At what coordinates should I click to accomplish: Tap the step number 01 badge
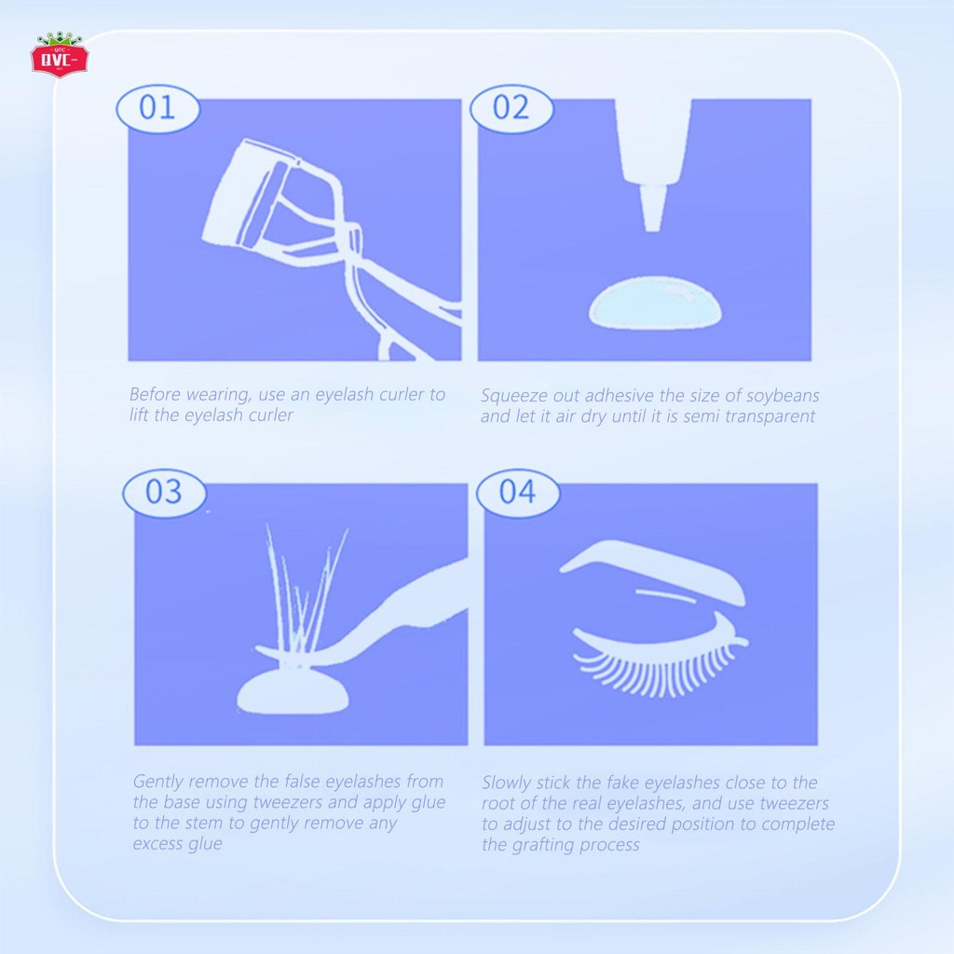tap(157, 107)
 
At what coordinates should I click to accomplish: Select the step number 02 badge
tap(510, 107)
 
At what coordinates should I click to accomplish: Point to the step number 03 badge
tap(164, 491)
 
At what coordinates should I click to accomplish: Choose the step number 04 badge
tap(517, 491)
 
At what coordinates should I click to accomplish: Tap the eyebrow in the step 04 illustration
tap(652, 566)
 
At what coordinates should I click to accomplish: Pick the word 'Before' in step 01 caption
tap(157, 394)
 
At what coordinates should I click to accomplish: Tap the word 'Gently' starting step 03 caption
tap(159, 782)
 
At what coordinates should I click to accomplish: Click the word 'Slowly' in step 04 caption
tap(510, 783)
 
